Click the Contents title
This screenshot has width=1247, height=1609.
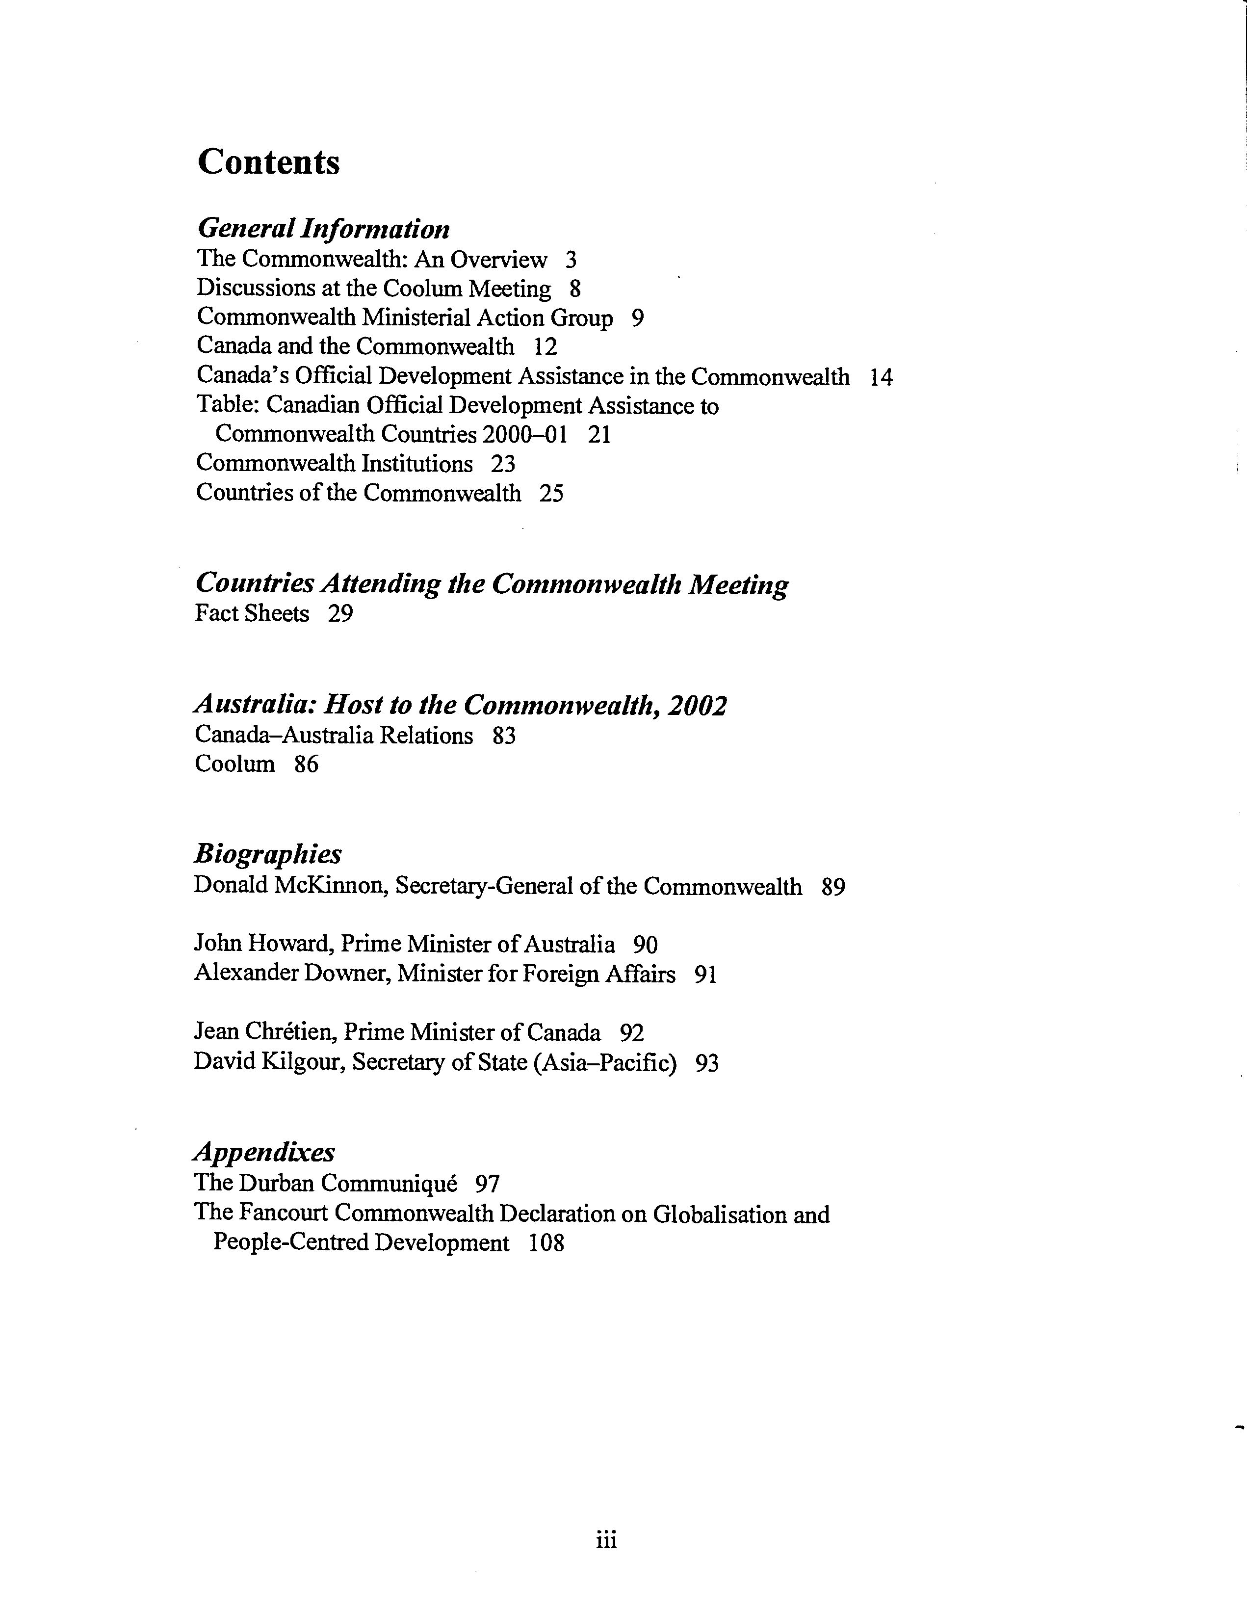pyautogui.click(x=269, y=162)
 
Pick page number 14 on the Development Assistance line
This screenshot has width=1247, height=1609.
pyautogui.click(x=881, y=377)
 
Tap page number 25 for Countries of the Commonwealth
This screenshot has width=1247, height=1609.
pyautogui.click(x=552, y=493)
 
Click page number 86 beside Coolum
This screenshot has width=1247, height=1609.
pyautogui.click(x=307, y=764)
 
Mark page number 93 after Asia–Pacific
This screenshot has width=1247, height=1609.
pyautogui.click(x=707, y=1062)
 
